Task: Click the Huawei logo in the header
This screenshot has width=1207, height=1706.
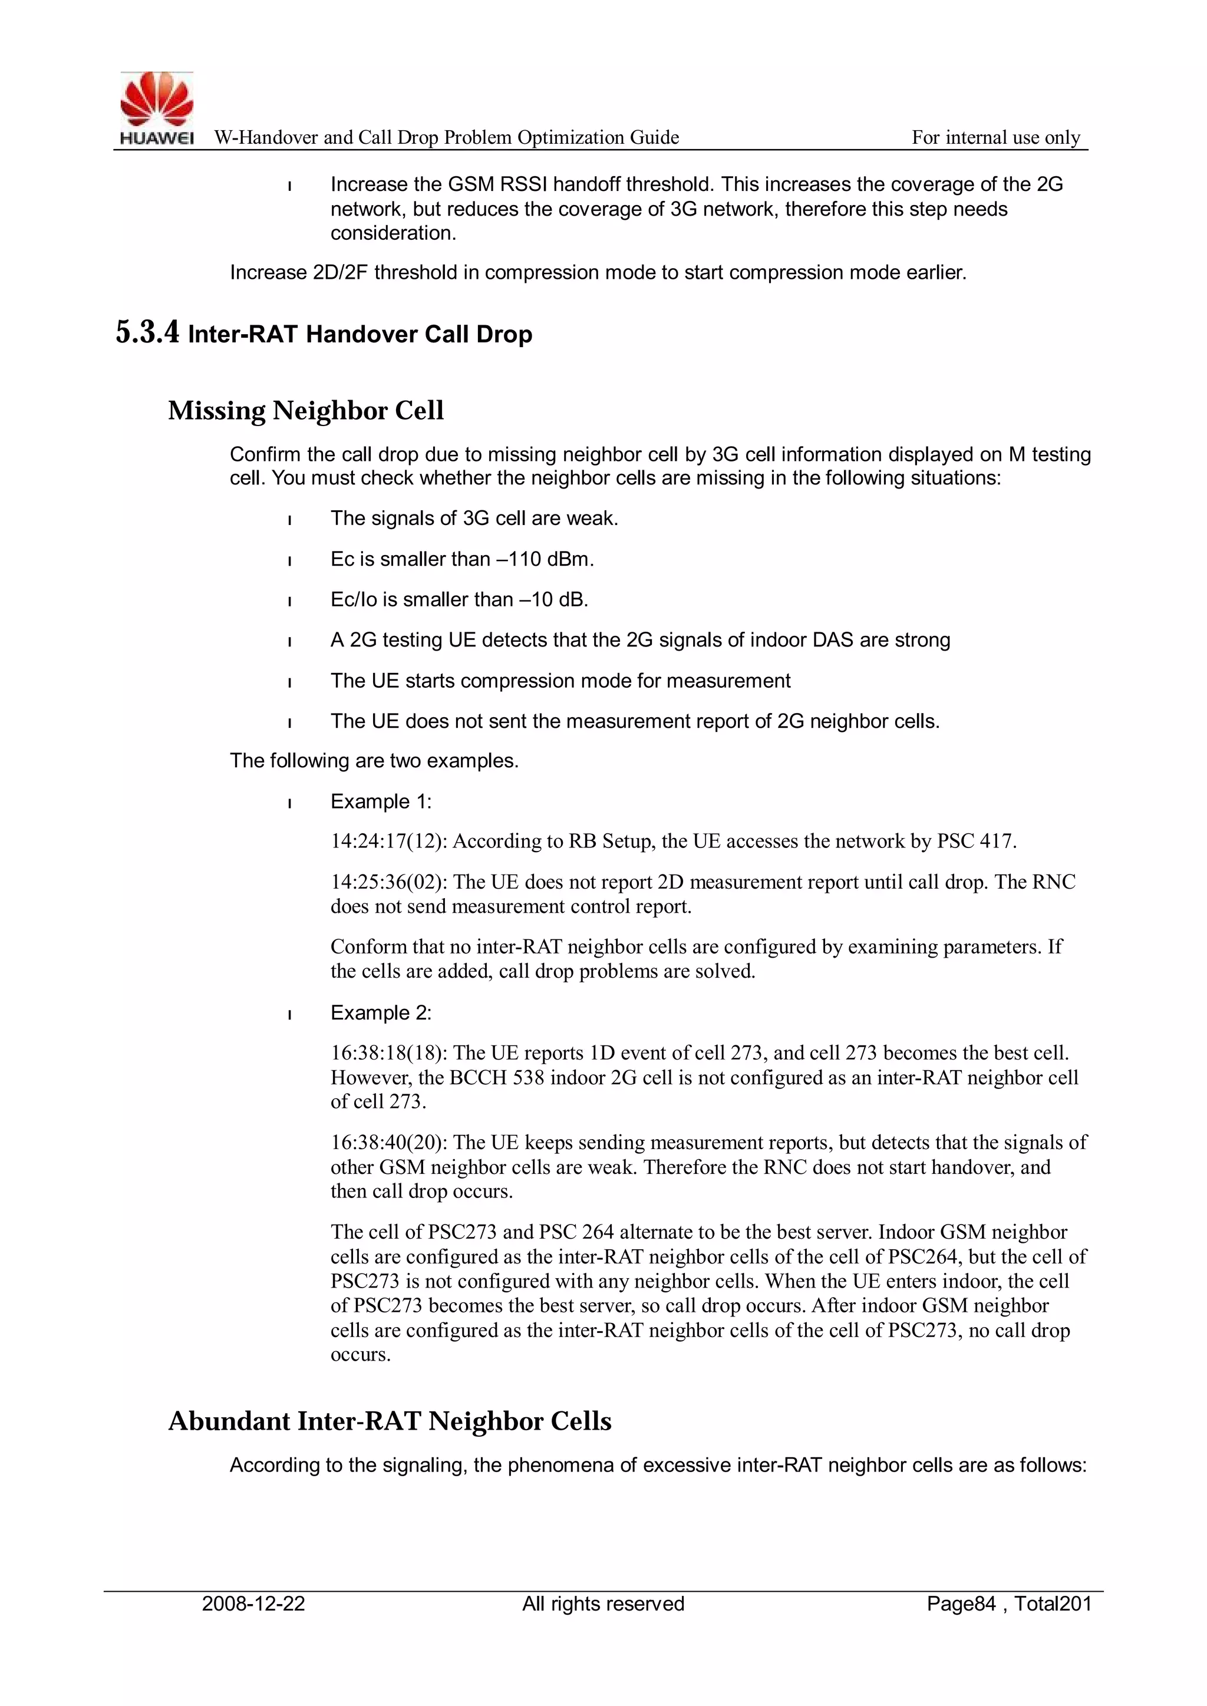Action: pyautogui.click(x=157, y=108)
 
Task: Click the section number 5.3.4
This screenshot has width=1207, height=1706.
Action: pyautogui.click(x=147, y=332)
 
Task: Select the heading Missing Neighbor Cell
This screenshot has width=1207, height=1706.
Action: pyautogui.click(x=305, y=410)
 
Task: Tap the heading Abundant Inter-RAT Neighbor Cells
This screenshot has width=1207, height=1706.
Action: pyautogui.click(x=390, y=1421)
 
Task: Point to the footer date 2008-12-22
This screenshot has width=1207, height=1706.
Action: pyautogui.click(x=253, y=1603)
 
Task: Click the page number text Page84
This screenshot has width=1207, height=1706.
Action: pyautogui.click(x=960, y=1603)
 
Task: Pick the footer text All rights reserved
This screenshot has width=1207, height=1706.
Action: pyautogui.click(x=603, y=1603)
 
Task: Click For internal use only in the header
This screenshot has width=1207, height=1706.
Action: pyautogui.click(x=996, y=137)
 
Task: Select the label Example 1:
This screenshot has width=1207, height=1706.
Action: pyautogui.click(x=381, y=801)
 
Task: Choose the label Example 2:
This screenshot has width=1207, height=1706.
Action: pyautogui.click(x=381, y=1013)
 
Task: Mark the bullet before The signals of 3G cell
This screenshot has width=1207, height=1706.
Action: pyautogui.click(x=289, y=519)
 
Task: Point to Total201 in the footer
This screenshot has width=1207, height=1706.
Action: pyautogui.click(x=1053, y=1603)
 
